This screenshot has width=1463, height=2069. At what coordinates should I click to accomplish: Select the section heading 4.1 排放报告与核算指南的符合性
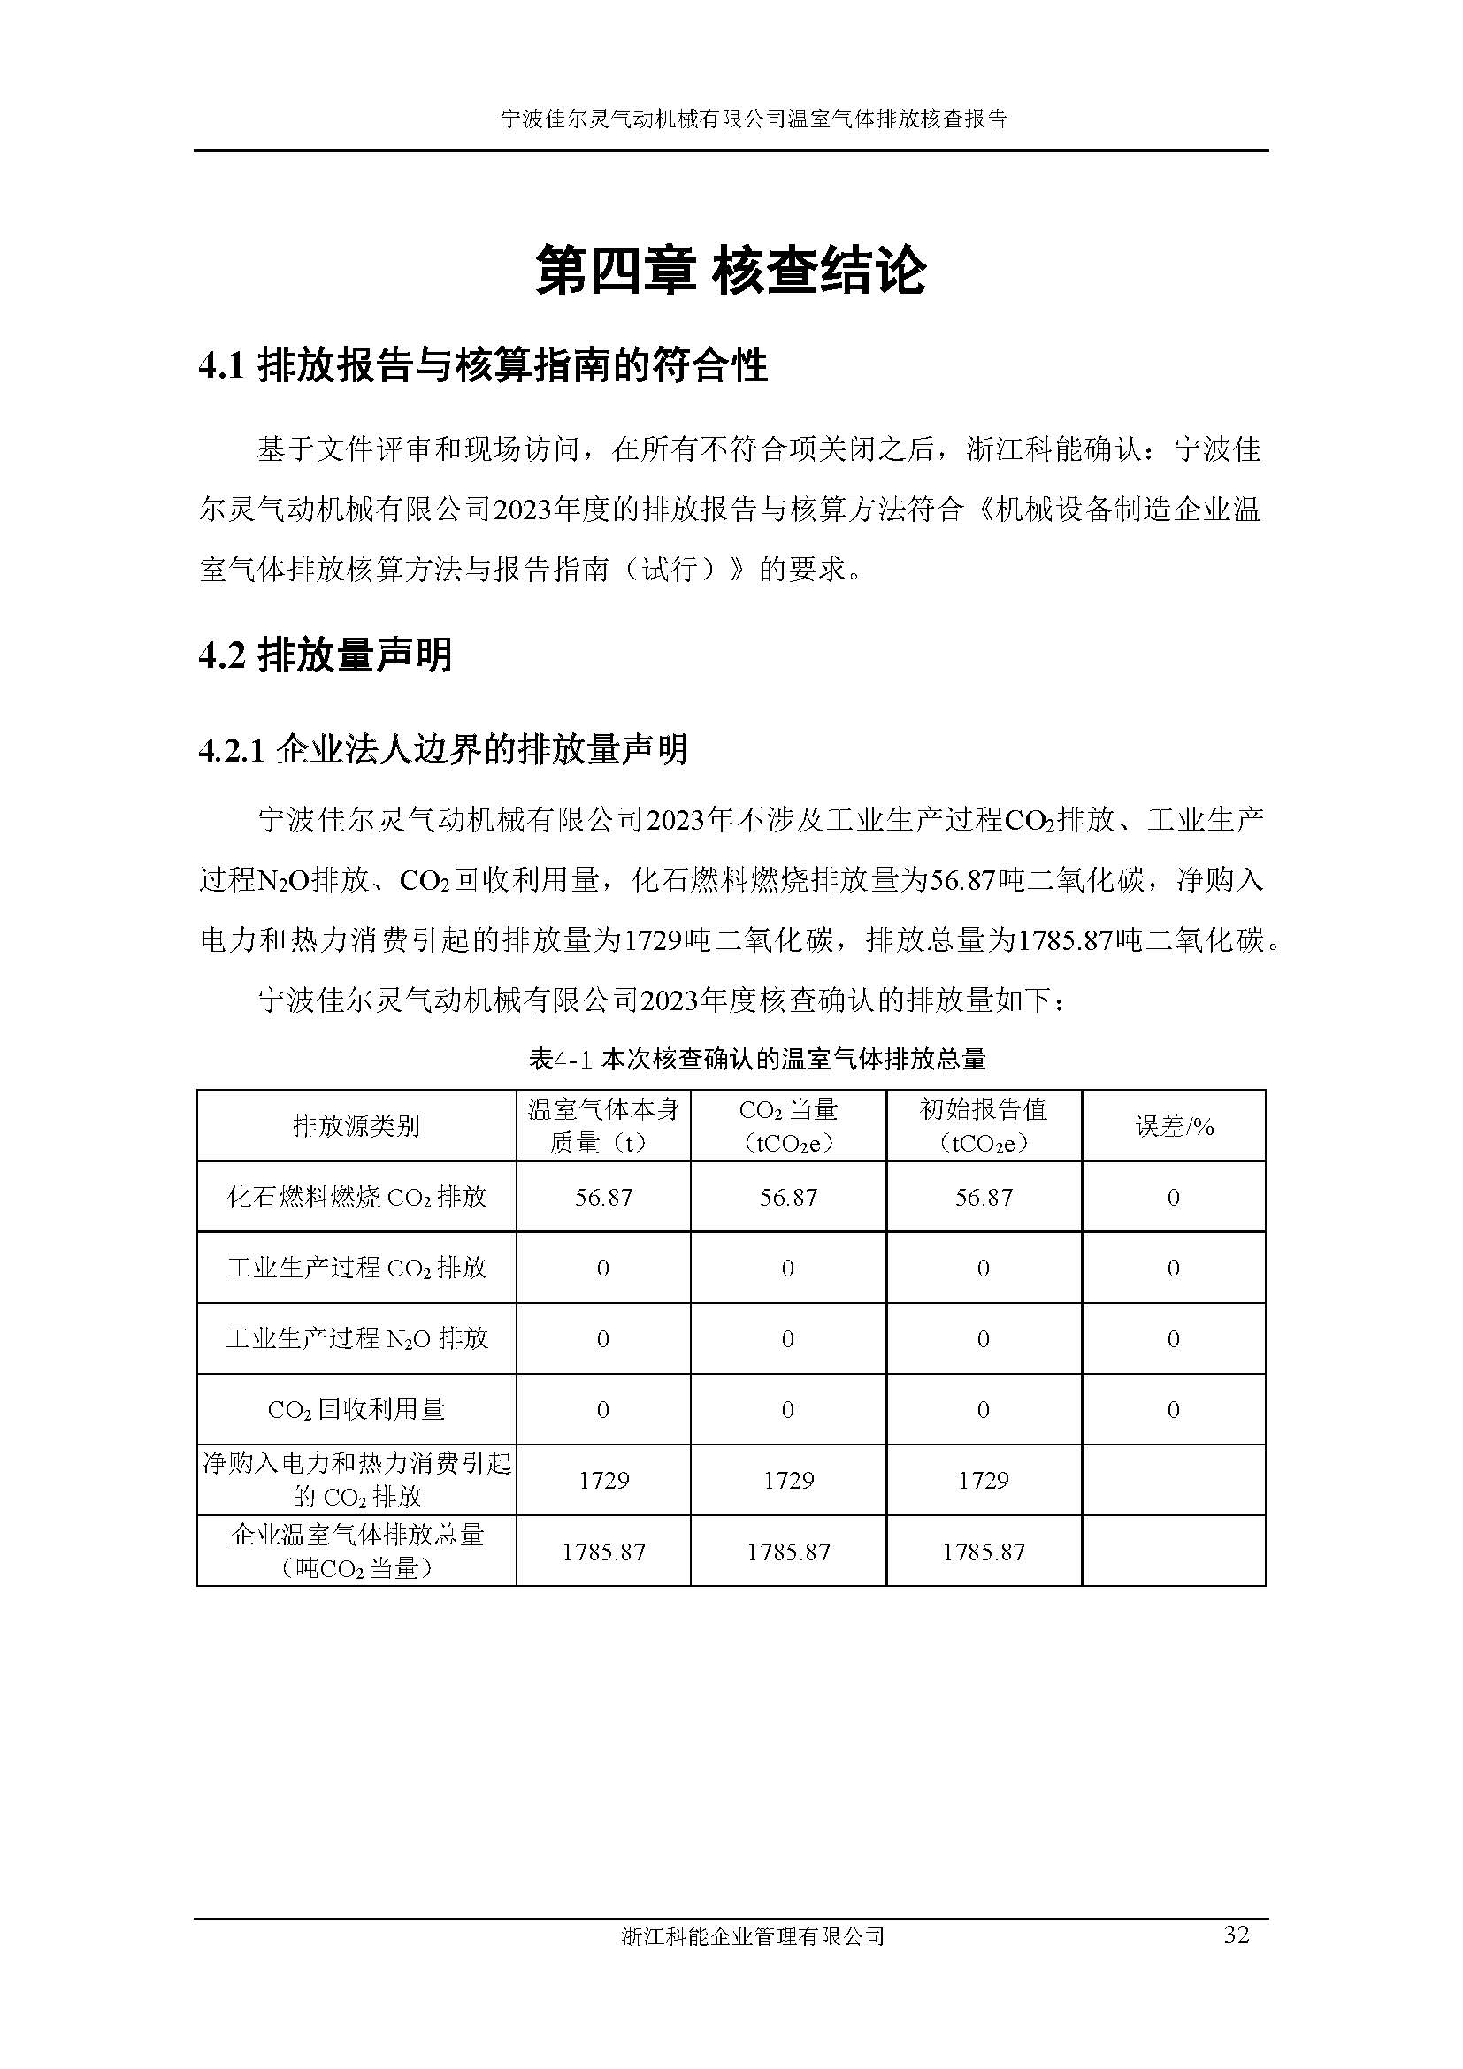(x=483, y=367)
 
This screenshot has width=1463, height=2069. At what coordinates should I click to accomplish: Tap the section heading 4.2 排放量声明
(x=326, y=655)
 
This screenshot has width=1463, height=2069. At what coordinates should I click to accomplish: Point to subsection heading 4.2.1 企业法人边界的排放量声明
(x=442, y=750)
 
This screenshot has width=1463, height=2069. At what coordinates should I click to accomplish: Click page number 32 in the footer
(x=1236, y=1934)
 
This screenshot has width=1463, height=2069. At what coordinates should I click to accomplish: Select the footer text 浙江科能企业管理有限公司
(x=752, y=1936)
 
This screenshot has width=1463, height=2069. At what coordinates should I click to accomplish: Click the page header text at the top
(x=753, y=119)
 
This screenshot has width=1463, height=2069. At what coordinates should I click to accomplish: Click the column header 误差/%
(x=1174, y=1126)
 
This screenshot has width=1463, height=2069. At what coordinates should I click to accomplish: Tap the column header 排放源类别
(x=356, y=1126)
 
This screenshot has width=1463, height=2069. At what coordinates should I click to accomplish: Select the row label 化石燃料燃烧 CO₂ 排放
(x=356, y=1198)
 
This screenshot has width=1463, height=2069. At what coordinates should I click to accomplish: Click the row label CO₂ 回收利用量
(x=356, y=1410)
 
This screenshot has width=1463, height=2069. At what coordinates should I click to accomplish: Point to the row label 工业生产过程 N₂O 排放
(x=356, y=1339)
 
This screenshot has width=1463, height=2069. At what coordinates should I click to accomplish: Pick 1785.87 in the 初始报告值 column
(x=983, y=1552)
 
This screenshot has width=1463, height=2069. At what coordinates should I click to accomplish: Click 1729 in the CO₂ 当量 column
(x=788, y=1481)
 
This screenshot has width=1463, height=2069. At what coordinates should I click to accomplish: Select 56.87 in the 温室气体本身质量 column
(x=602, y=1198)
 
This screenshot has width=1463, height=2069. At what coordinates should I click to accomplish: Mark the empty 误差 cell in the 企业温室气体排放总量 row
(x=1174, y=1552)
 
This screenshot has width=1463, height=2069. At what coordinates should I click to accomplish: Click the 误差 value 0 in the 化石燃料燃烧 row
(x=1174, y=1198)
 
